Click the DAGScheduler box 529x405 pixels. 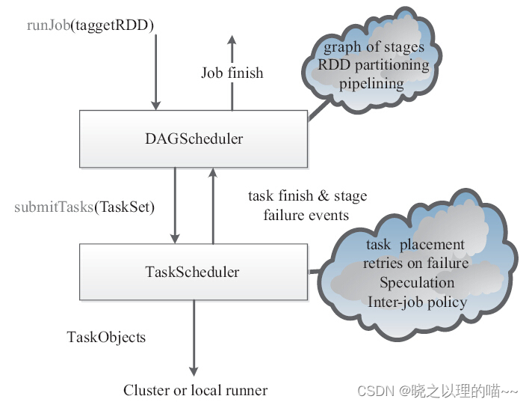pos(193,138)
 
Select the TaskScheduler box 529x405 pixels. pos(193,272)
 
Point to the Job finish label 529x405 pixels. pos(232,73)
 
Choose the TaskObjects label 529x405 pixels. pos(106,337)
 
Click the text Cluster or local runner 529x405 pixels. pos(195,389)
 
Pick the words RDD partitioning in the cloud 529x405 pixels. pos(374,64)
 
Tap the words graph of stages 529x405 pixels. pos(374,47)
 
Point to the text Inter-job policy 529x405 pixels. pos(417,302)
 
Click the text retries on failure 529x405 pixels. pos(416,264)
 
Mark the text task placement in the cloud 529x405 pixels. pos(415,245)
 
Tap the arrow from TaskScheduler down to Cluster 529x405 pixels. pos(194,337)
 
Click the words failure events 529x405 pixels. pos(306,216)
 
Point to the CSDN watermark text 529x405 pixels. pos(437,391)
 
